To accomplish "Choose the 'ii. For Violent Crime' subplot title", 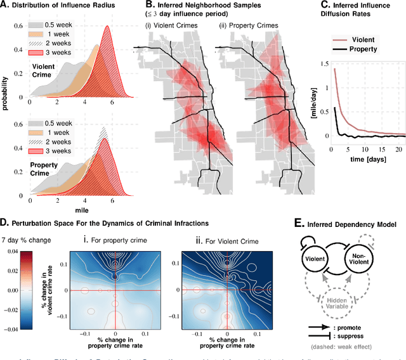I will coord(225,240).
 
